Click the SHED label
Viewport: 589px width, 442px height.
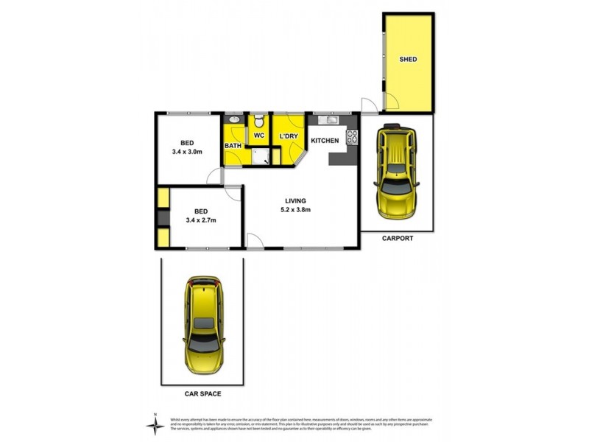coord(407,59)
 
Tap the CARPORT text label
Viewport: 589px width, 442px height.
coord(398,239)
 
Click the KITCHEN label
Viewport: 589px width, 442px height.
coord(325,140)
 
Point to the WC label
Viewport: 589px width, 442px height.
coord(259,137)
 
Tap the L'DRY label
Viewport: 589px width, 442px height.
coord(287,137)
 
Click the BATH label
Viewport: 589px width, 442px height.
coord(233,146)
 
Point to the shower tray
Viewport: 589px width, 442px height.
coord(258,155)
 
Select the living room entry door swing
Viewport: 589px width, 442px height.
coord(253,239)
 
